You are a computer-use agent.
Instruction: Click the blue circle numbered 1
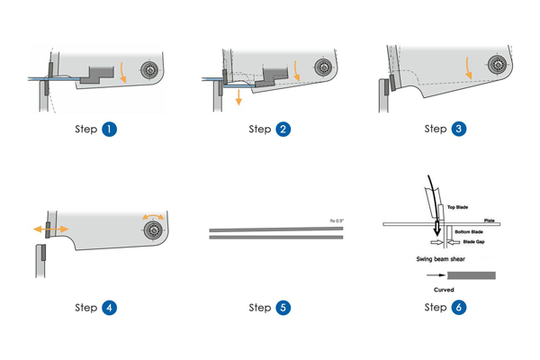click(110, 129)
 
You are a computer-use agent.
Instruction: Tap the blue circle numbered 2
click(283, 129)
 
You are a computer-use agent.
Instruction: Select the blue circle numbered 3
click(459, 129)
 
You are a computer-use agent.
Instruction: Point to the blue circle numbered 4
click(110, 307)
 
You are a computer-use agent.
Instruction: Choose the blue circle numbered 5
click(283, 307)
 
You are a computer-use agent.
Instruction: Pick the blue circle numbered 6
click(459, 307)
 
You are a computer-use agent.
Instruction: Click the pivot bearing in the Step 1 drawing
click(148, 70)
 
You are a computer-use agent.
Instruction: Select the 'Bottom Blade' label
click(465, 232)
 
